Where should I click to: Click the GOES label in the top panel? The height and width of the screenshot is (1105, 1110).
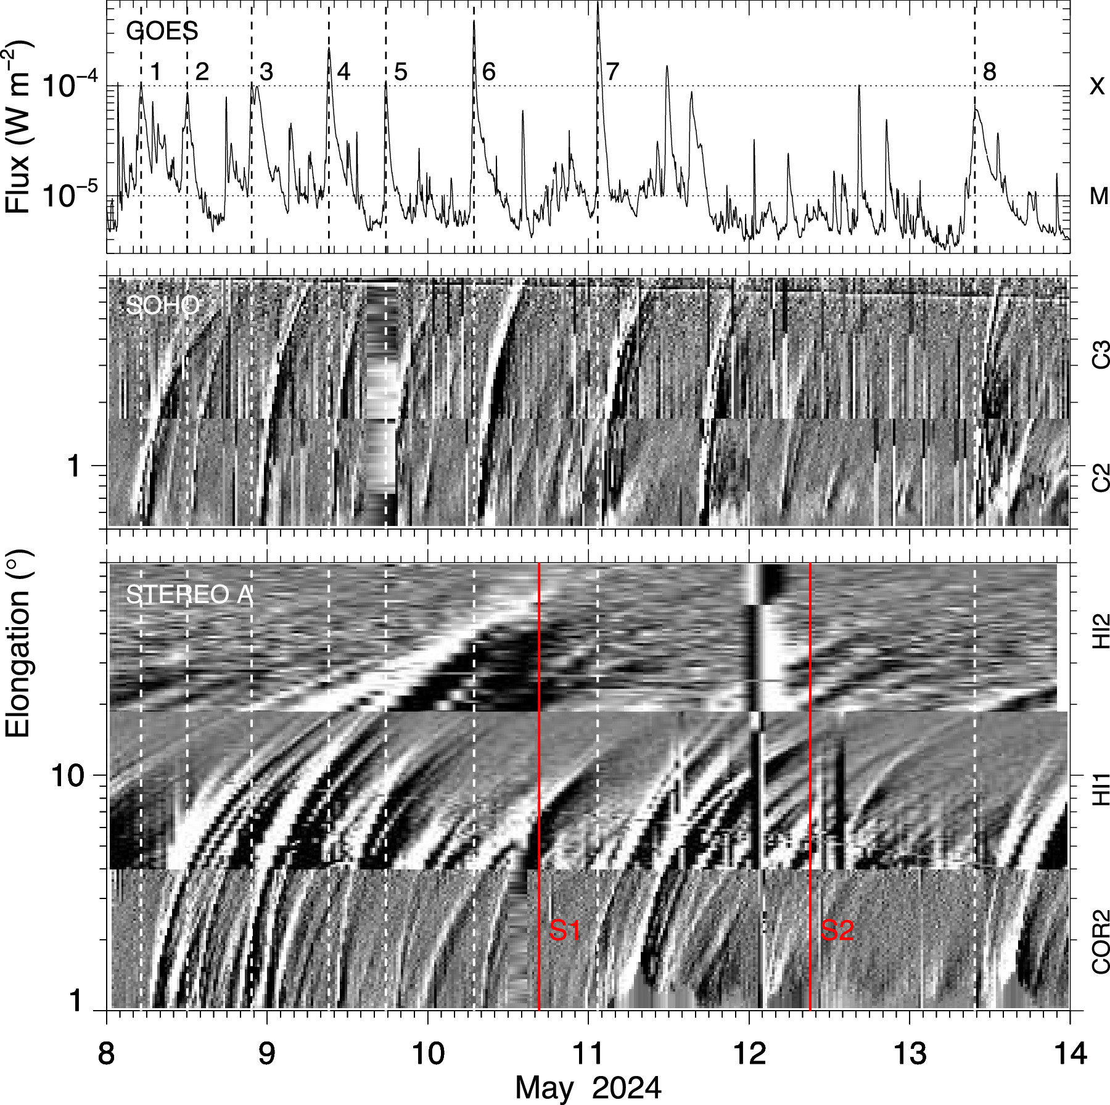click(x=162, y=31)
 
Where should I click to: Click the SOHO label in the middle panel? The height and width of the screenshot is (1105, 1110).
click(x=163, y=305)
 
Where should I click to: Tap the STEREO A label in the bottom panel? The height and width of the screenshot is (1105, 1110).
click(x=189, y=595)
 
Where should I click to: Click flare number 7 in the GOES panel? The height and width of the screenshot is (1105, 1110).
click(x=612, y=72)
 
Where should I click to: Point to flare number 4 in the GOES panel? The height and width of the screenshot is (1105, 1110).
click(x=343, y=72)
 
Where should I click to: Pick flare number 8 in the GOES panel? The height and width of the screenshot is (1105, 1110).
click(x=989, y=72)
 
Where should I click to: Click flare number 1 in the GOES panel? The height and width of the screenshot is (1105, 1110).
click(x=155, y=72)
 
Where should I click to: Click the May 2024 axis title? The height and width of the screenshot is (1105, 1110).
click(x=588, y=1088)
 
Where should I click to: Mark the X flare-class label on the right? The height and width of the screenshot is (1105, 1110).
click(x=1097, y=86)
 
